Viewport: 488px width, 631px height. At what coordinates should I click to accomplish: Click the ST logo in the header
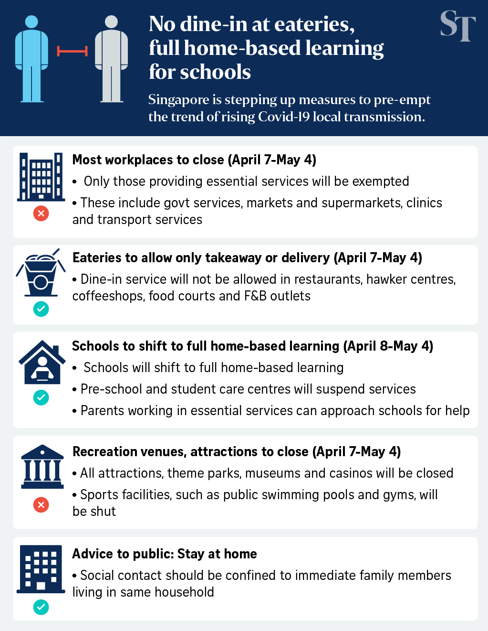457,26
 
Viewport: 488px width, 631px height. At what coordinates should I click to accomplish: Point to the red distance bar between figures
72,51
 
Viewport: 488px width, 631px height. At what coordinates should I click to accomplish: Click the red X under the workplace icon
41,213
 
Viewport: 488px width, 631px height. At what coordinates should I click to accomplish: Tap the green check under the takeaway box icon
41,309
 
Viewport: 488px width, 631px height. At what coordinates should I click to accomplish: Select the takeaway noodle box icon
41,274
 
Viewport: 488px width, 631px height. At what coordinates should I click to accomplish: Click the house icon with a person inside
42,363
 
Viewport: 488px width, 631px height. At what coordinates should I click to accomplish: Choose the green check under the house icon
41,397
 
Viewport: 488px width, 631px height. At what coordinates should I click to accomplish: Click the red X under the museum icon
41,504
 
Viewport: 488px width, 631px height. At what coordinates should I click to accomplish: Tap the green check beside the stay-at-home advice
41,607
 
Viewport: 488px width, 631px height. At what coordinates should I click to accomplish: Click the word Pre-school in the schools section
111,389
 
